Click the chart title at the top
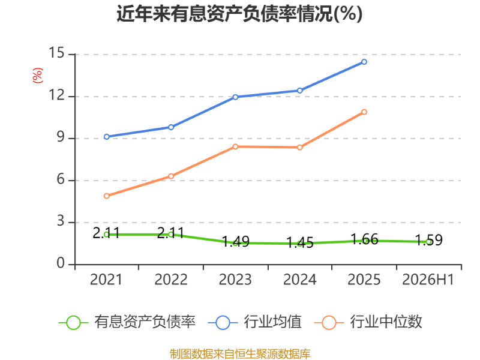coord(239,14)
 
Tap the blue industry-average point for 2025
coord(364,62)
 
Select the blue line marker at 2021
coord(107,137)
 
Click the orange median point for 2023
coord(235,146)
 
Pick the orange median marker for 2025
coord(364,112)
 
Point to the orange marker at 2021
coord(107,196)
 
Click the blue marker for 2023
coord(235,97)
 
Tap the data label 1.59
coord(428,241)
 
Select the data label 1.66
coord(364,239)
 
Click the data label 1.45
coord(300,242)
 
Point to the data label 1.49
coord(236,242)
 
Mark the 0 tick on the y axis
coord(61,263)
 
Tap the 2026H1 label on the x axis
coord(428,280)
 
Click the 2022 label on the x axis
coord(171,280)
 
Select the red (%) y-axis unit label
coord(38,76)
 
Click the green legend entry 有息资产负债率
coord(127,322)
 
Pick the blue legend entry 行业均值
coord(254,322)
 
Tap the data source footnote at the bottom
coord(240,354)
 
